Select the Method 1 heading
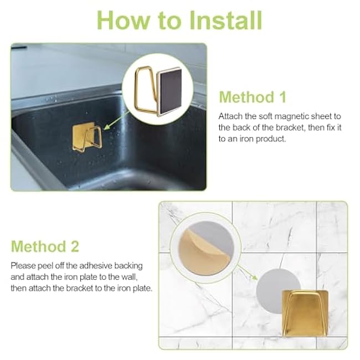[253, 97]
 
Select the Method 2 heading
[45, 246]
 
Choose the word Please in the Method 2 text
[22, 265]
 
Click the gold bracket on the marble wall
[306, 312]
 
